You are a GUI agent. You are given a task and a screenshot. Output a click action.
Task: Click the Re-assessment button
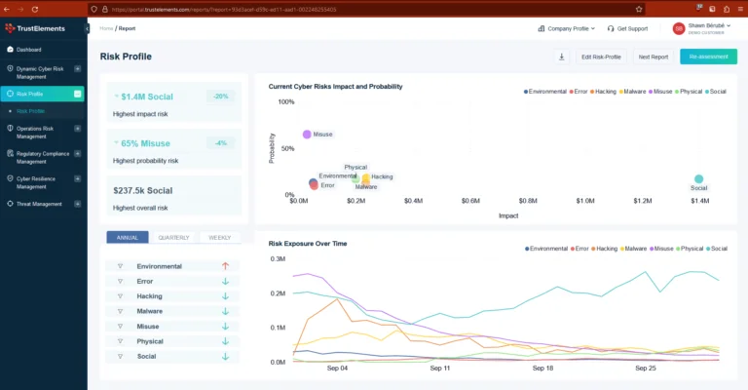708,57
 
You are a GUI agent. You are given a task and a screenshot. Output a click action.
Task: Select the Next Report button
653,57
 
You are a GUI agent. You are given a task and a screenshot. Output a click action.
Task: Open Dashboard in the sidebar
29,49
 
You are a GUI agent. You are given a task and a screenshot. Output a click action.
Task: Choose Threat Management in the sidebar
40,204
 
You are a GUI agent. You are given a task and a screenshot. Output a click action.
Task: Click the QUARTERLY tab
173,237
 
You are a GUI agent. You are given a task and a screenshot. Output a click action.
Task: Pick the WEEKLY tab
219,237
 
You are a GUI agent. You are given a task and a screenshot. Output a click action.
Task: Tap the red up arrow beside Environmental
225,266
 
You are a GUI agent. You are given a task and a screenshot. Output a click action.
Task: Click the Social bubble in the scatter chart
698,179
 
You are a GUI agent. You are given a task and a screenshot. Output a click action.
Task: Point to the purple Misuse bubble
307,134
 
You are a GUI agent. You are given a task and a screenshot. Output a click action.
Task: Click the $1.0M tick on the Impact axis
585,201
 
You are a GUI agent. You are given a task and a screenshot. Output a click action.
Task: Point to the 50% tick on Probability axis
286,149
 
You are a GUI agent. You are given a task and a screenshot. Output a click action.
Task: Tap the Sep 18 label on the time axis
543,369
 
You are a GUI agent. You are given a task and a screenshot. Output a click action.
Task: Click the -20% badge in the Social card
221,97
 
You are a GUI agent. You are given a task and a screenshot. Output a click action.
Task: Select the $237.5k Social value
143,191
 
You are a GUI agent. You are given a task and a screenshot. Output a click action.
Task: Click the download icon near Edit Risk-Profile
562,57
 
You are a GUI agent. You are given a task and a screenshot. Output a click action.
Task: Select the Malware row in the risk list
150,311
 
